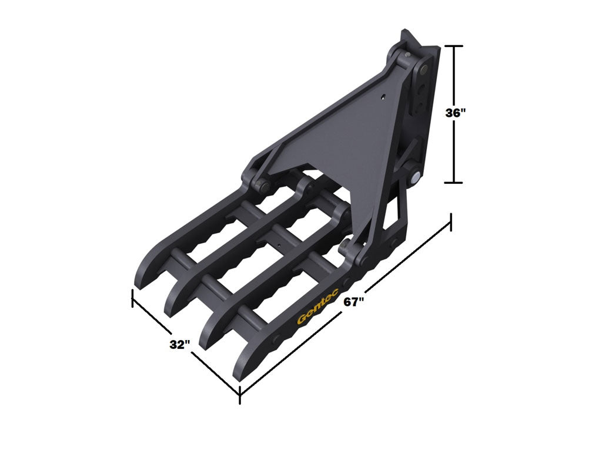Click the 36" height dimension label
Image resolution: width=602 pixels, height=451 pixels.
(456, 114)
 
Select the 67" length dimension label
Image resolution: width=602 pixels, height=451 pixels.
(354, 302)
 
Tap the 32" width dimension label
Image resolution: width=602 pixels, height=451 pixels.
(180, 345)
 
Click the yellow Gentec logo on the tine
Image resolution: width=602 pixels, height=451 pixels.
(317, 311)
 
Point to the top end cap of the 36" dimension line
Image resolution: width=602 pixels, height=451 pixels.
(454, 46)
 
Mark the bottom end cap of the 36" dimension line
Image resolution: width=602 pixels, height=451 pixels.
(454, 183)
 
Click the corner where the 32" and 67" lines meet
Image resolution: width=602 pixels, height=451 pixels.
(240, 393)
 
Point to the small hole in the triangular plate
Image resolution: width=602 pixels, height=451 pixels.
(383, 98)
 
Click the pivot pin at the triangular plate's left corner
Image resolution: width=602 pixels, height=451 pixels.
(261, 187)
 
